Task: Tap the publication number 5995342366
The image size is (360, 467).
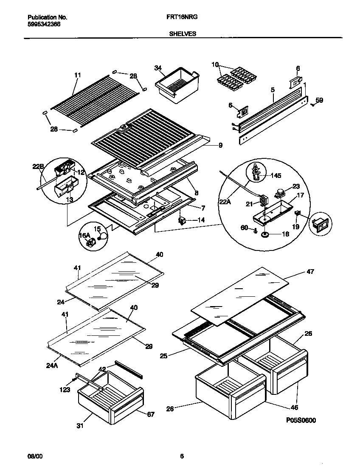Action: [44, 25]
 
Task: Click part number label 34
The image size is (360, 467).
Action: [158, 68]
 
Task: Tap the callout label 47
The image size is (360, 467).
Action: [310, 272]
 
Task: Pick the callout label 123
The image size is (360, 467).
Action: [65, 389]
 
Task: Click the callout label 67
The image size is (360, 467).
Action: [151, 414]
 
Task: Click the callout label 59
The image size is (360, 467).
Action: [319, 101]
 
